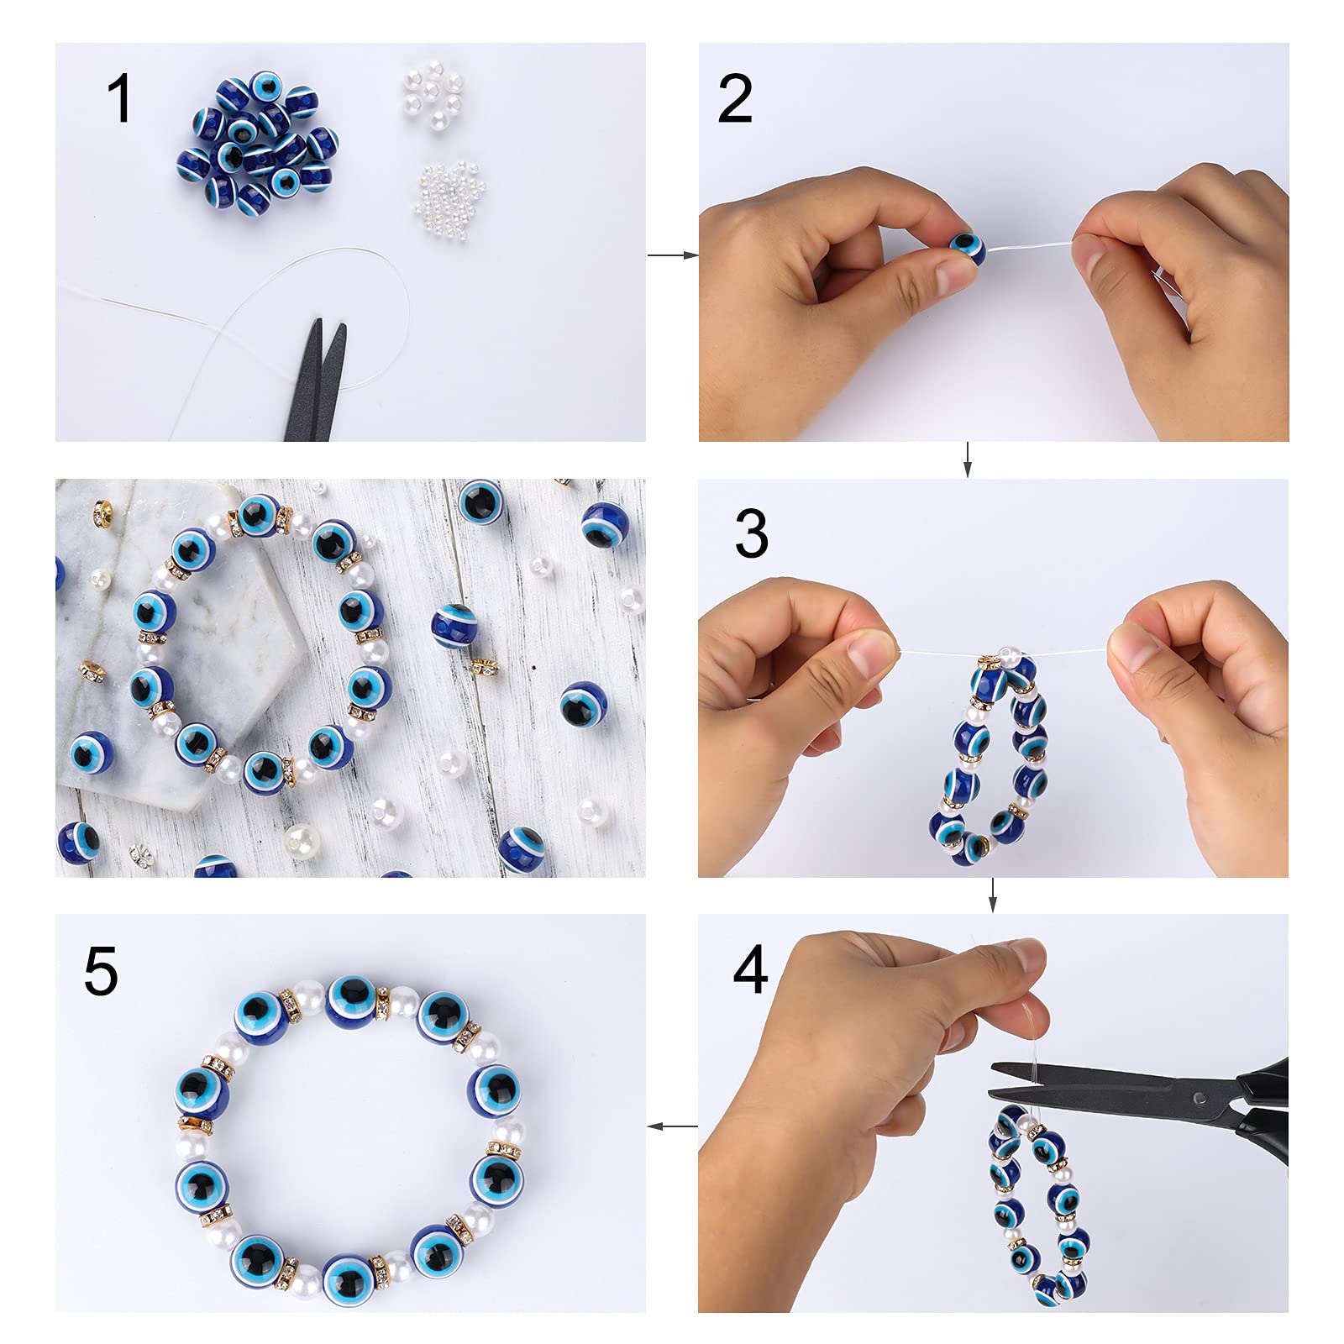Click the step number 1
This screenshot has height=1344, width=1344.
(119, 98)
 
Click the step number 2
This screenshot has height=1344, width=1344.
(735, 98)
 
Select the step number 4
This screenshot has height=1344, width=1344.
(750, 969)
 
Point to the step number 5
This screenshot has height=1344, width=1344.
(101, 971)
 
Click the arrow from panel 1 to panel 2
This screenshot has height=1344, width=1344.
(673, 255)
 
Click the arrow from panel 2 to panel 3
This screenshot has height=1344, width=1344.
(967, 459)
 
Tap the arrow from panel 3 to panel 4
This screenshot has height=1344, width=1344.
(993, 895)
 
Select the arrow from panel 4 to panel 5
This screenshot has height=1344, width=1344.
(673, 1126)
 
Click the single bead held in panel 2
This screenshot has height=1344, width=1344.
(968, 249)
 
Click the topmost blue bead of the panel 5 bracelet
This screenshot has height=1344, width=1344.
(351, 1001)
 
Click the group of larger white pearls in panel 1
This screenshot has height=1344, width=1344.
(433, 97)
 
